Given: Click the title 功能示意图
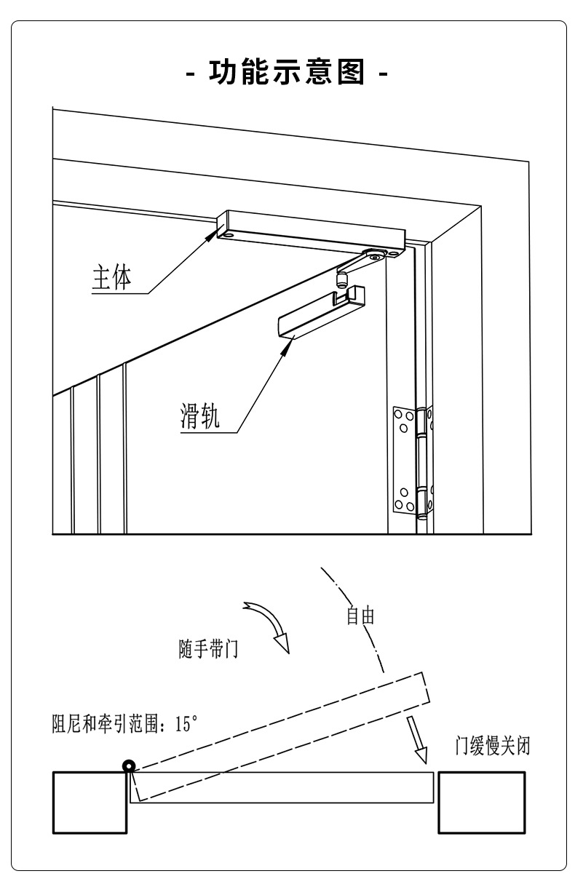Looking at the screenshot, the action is pyautogui.click(x=287, y=71).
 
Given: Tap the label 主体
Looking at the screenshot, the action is pyautogui.click(x=112, y=277).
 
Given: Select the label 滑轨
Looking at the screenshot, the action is pyautogui.click(x=199, y=415).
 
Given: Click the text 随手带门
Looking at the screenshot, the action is pyautogui.click(x=208, y=648).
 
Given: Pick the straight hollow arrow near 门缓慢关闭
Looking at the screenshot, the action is pyautogui.click(x=417, y=739).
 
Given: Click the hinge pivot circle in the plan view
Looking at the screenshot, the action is pyautogui.click(x=129, y=766).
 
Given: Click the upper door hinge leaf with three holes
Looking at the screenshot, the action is pyautogui.click(x=405, y=422).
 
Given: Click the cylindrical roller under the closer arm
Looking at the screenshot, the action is pyautogui.click(x=341, y=279).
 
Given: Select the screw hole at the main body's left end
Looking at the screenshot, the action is pyautogui.click(x=229, y=235).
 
